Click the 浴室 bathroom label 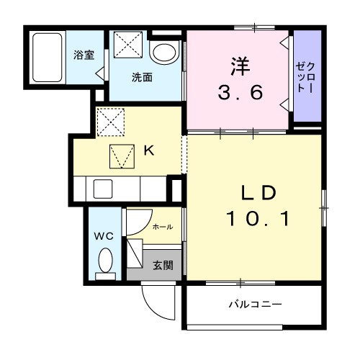(84, 55)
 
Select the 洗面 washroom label (142, 77)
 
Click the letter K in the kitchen (148, 150)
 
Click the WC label (103, 235)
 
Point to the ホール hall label (162, 227)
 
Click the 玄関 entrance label (163, 265)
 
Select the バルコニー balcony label (255, 305)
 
